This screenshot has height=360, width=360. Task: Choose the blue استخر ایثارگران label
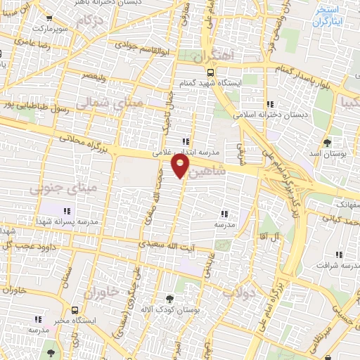pos(326,16)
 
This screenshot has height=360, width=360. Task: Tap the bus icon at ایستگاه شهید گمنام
pos(210,72)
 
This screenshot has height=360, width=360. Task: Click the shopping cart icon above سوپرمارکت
pos(48,19)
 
